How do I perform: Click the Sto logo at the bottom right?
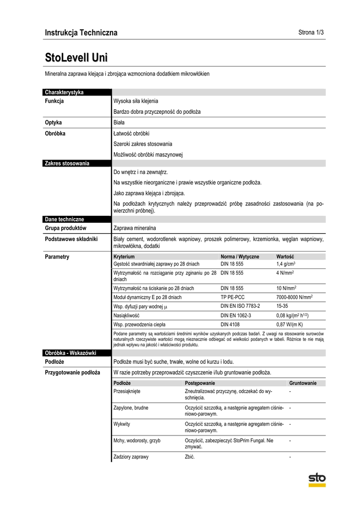pos(317,479)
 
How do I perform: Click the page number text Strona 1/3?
pos(311,33)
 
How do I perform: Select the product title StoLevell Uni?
pos(76,57)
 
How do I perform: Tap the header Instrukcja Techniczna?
pos(81,33)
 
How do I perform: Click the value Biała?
pos(119,122)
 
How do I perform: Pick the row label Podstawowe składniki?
pos(71,239)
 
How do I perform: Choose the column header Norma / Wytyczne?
pos(240,256)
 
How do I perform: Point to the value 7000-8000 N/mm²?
pos(294,297)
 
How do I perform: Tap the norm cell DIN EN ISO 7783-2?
pos(240,306)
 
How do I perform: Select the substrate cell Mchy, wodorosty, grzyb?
pos(137,440)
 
